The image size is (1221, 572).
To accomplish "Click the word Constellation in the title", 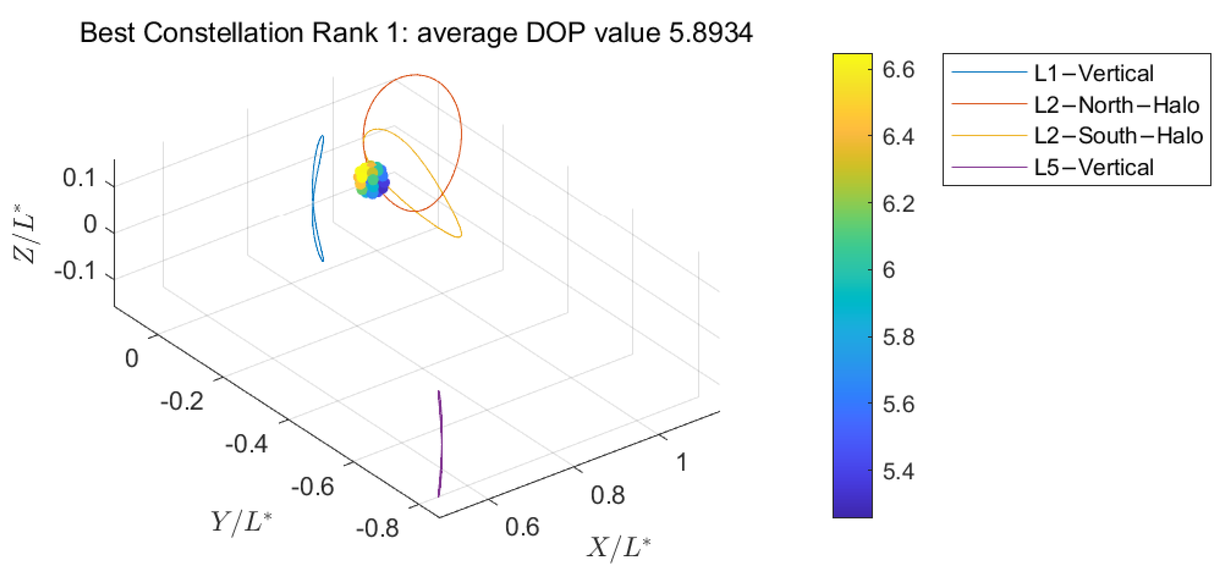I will coord(224,33).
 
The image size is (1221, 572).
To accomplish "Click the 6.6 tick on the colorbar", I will coord(898,70).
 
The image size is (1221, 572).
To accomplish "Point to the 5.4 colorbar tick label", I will coord(898,471).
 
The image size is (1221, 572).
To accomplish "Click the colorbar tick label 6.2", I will coord(898,204).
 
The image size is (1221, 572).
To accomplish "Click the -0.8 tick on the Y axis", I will coord(377,528).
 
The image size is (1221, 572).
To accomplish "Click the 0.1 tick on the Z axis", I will coord(79,178).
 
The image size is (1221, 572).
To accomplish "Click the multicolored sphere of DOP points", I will coord(371,179).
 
